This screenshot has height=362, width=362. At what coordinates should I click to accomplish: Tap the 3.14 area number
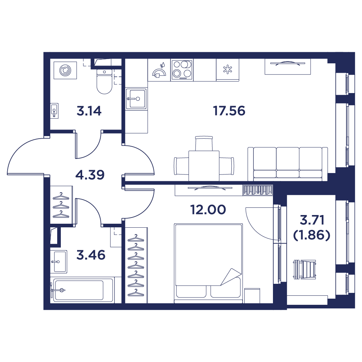coord(89,111)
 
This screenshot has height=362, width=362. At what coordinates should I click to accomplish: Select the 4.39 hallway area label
coord(90,175)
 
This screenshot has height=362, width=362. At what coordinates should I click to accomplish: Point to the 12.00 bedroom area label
coord(208,210)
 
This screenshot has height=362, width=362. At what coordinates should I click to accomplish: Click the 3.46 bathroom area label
coord(91,255)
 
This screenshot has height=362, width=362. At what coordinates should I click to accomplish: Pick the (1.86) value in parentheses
coord(312,236)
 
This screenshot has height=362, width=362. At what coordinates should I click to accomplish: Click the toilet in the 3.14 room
coord(104,81)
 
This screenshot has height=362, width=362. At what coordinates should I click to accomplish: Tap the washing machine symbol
coord(65,70)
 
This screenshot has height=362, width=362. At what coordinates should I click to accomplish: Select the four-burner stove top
coord(182,70)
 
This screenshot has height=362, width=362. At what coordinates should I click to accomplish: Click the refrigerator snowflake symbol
coord(228,70)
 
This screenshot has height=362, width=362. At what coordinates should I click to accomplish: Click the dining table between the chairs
coord(204,166)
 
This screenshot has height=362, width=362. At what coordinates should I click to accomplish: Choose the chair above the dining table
coord(204,143)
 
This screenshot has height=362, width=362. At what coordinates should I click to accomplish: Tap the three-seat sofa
coord(288,164)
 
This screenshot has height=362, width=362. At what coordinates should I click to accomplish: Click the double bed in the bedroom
coord(208,263)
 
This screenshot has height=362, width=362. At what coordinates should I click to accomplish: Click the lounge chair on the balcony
coord(305,269)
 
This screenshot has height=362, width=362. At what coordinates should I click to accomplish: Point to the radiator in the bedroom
coord(258,190)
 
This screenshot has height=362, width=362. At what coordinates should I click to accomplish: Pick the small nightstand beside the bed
coord(252,295)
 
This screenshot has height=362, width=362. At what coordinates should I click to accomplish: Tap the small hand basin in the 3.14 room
coord(55,111)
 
